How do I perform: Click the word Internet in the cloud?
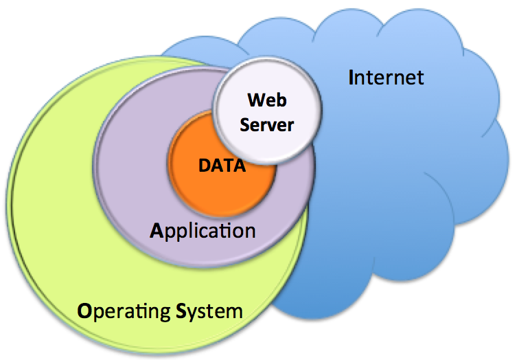click(x=387, y=76)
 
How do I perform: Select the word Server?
click(x=267, y=125)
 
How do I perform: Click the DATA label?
click(x=222, y=166)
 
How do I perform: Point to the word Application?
click(x=203, y=229)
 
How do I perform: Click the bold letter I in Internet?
click(x=352, y=76)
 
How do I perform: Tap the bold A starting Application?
click(x=156, y=229)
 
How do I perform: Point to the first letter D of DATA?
click(x=204, y=166)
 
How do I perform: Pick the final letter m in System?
click(x=235, y=312)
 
